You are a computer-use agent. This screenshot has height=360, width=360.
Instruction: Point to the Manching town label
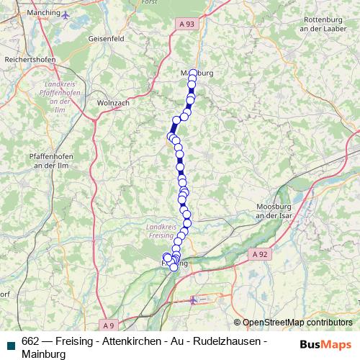[41, 13]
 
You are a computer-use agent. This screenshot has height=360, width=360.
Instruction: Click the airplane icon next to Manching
[66, 14]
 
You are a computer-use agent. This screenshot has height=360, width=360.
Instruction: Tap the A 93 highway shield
[186, 24]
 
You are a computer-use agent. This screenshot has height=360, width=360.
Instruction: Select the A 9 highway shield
[107, 323]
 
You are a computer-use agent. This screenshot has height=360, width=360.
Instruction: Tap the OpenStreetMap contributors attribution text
[297, 323]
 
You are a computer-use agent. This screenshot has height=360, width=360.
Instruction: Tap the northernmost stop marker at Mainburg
[193, 73]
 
